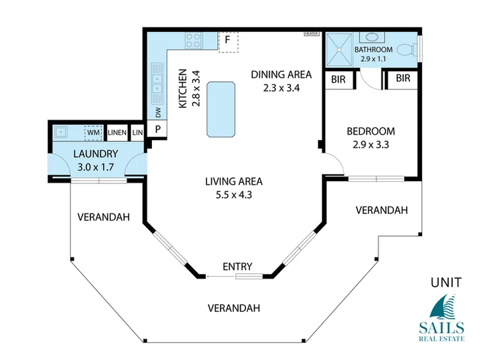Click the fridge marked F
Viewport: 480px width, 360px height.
tap(228, 41)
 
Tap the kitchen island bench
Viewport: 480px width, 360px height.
tap(221, 109)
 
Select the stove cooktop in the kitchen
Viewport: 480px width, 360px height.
tap(193, 41)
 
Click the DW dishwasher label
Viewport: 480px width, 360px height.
tap(158, 113)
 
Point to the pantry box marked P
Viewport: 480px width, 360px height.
tap(157, 129)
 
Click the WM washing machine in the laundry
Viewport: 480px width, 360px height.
tap(93, 133)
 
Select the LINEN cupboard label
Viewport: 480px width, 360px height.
tap(117, 133)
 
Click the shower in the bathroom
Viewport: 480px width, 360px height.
tap(339, 49)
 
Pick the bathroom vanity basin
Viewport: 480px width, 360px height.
tap(371, 37)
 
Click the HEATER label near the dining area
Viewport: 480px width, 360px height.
tap(311, 34)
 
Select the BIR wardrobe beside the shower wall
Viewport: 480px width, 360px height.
tap(339, 79)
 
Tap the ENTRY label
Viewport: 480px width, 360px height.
tap(237, 267)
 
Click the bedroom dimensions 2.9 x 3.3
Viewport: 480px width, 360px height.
tap(371, 145)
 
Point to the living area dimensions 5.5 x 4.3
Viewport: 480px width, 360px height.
tap(234, 195)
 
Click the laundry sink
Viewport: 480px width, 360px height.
tap(61, 133)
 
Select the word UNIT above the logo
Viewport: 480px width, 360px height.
tap(446, 283)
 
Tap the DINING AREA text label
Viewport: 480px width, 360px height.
tap(281, 75)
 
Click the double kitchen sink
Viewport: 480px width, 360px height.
tap(157, 83)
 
